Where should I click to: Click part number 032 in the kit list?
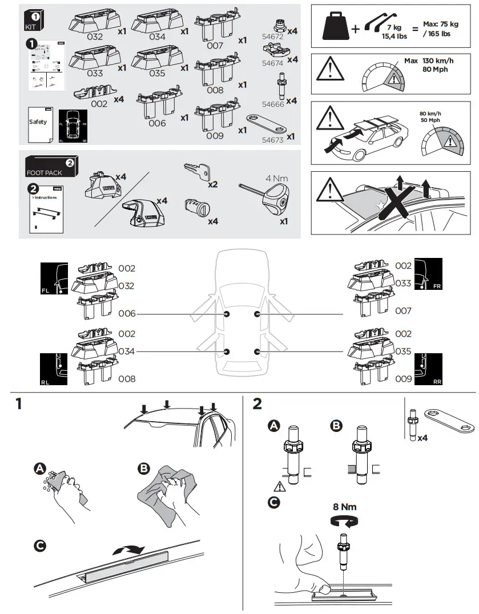coord(95,37)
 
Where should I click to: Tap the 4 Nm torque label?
coord(276,178)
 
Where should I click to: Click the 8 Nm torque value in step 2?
coord(344,506)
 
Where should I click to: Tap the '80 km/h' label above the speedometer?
coord(431,113)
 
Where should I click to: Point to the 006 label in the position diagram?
coord(127,314)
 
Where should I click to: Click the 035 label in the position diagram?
coord(403,351)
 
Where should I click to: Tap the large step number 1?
coord(19,404)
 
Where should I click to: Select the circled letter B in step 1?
coord(144,468)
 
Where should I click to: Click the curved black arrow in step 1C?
coord(130,550)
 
